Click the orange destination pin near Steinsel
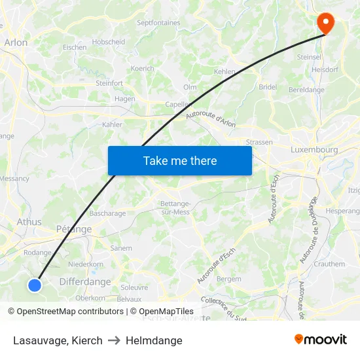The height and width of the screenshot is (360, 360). pos(325,23)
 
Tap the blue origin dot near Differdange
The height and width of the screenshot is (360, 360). pos(35,285)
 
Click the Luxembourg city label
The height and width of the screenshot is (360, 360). pos(314,150)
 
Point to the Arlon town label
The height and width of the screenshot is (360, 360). pos(16,43)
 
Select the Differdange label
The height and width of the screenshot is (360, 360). pos(86,282)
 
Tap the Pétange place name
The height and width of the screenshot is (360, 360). pos(74,229)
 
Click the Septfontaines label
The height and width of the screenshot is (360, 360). pos(158,23)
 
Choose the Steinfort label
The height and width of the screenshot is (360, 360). pos(109,83)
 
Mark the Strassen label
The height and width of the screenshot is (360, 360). pos(259,142)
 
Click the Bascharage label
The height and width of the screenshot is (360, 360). pos(107,213)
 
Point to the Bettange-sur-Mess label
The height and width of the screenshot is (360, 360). pos(175,207)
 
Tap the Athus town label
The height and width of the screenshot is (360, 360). pos(29,222)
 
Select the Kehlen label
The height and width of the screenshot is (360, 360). pos(225,71)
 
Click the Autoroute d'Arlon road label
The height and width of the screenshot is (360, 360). pos(211,115)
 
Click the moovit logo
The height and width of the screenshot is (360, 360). pos(321,340)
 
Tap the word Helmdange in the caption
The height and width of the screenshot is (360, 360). pos(154,340)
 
